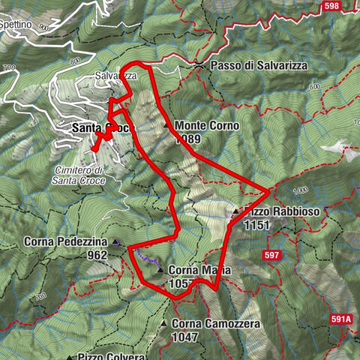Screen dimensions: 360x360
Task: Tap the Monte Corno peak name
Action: [206, 126]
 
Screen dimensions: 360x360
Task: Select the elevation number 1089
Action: [189, 139]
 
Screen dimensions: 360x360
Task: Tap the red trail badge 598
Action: [331, 6]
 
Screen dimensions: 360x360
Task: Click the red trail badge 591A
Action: [340, 319]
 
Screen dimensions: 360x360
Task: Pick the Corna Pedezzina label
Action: [66, 242]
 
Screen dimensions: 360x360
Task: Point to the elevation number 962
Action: [96, 255]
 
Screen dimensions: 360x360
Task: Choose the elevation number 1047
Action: [184, 337]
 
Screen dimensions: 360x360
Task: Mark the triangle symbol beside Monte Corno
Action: [166, 125]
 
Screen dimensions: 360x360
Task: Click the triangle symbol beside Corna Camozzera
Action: [164, 323]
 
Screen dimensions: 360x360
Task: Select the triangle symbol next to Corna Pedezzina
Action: [116, 242]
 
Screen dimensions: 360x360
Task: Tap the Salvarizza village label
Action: [115, 76]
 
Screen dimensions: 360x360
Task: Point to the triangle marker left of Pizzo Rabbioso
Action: [235, 212]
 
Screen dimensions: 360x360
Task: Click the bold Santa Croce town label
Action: [102, 129]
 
